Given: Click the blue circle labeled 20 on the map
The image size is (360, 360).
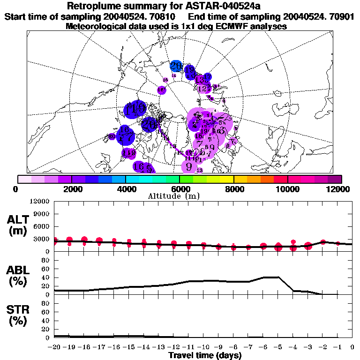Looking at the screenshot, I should pyautogui.click(x=176, y=66).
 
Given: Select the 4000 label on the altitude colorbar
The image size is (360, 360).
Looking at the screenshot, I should pyautogui.click(x=126, y=189).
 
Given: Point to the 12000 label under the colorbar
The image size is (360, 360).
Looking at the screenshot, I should pyautogui.click(x=338, y=189).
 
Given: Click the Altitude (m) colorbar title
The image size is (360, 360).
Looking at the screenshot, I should pyautogui.click(x=180, y=196).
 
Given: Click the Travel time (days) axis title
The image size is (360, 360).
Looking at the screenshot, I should pyautogui.click(x=205, y=356).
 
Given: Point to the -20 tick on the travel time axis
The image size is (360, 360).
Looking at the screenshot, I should pyautogui.click(x=54, y=347).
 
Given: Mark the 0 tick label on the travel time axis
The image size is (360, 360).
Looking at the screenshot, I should pyautogui.click(x=352, y=347).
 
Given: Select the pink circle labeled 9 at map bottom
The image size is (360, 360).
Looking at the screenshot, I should pyautogui.click(x=189, y=165).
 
